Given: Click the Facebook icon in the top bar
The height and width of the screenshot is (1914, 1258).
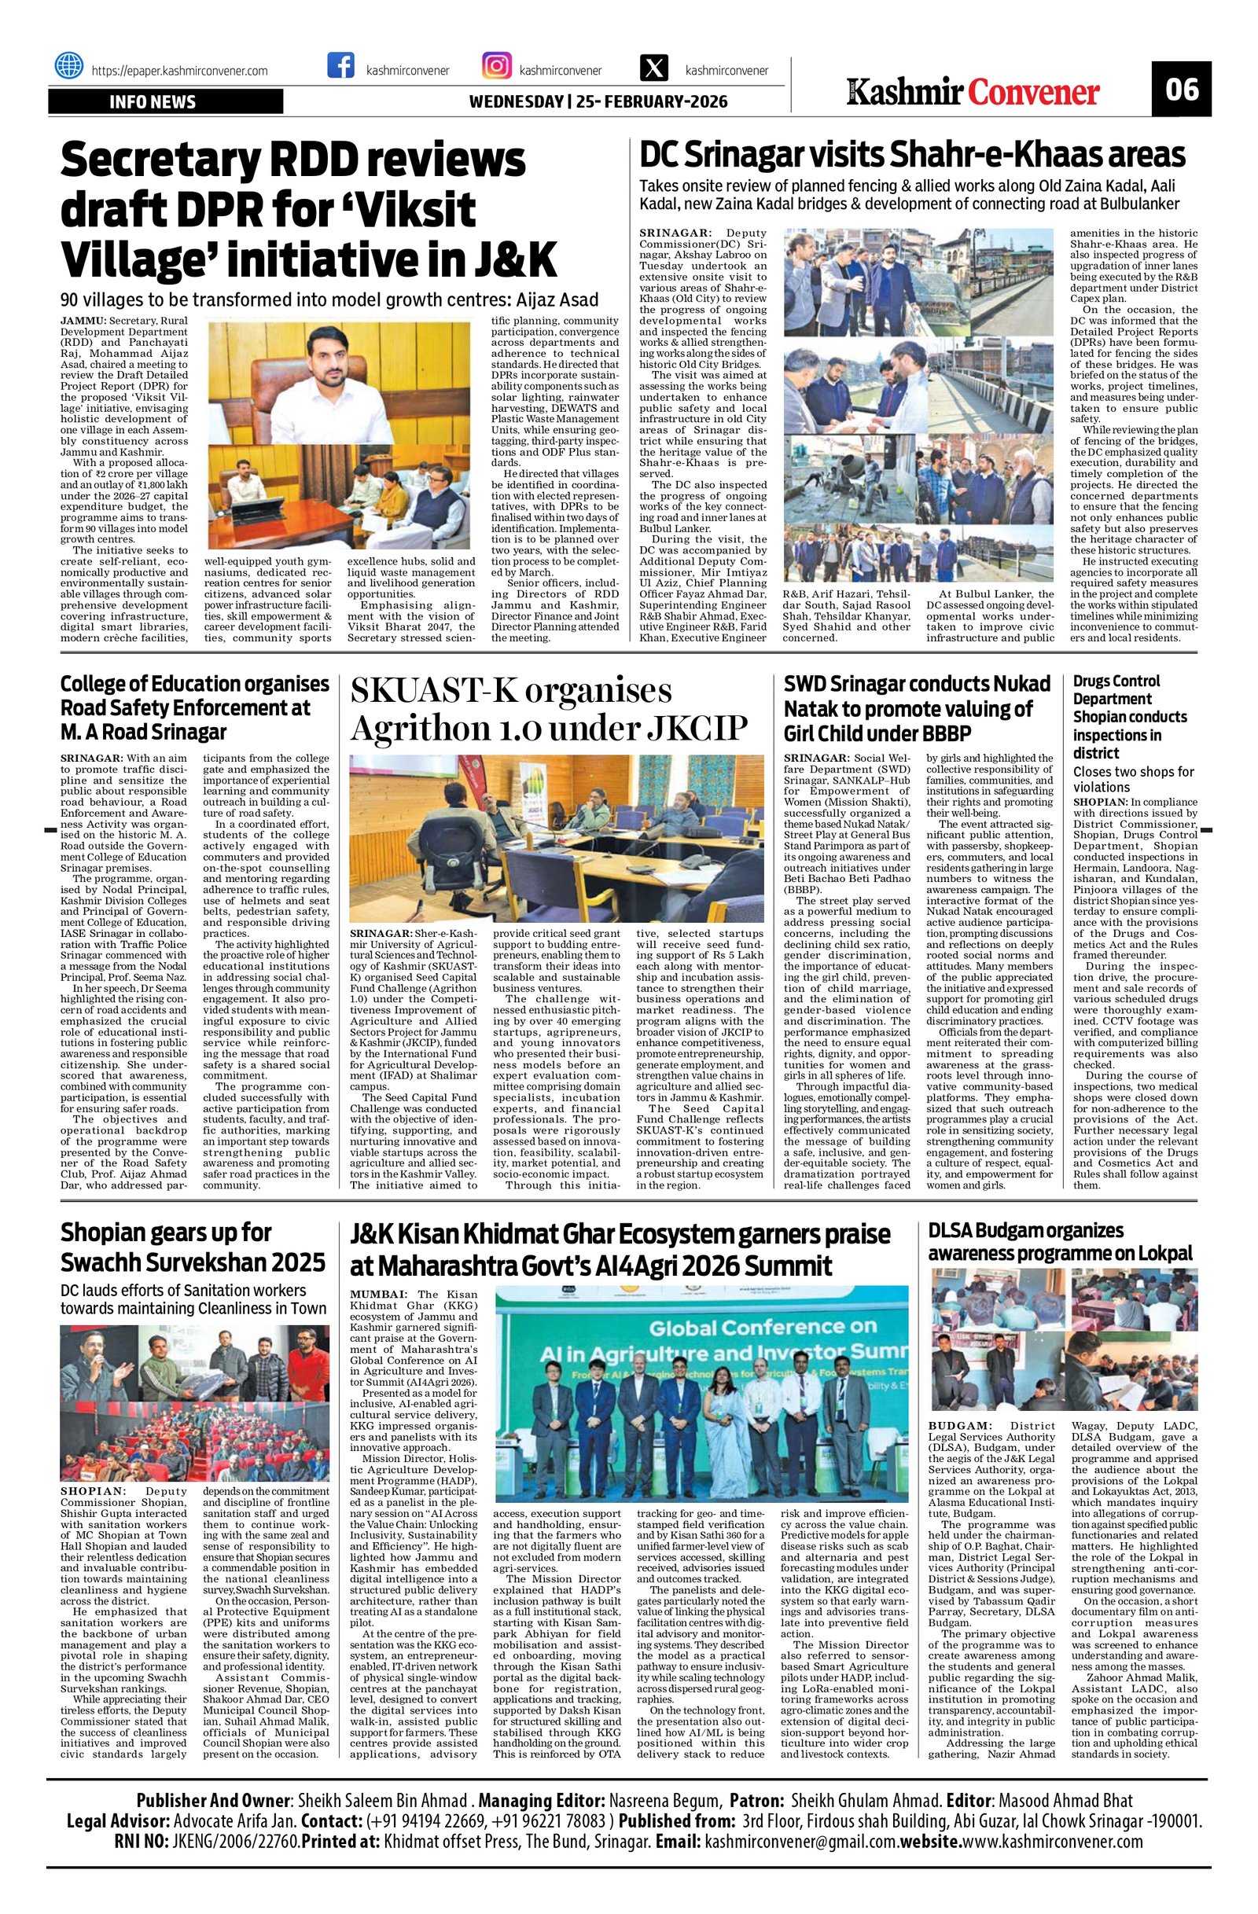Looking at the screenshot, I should point(341,65).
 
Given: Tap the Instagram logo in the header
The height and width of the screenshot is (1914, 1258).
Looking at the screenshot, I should point(496,65).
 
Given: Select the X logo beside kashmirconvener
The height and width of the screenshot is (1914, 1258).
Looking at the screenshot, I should point(653,68).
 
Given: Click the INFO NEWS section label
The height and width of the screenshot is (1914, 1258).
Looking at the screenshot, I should point(153,102).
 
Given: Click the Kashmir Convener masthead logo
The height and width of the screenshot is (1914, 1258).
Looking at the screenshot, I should point(972,92).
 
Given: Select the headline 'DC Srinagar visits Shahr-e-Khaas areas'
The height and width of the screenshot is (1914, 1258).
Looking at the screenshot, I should point(912,152).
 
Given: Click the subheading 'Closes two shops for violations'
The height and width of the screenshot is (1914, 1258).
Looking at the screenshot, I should point(1133,779).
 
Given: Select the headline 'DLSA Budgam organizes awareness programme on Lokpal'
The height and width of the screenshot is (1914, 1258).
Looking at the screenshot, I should point(1061,1241).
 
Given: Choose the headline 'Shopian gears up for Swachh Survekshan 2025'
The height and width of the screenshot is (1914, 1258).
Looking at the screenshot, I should point(193,1247).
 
